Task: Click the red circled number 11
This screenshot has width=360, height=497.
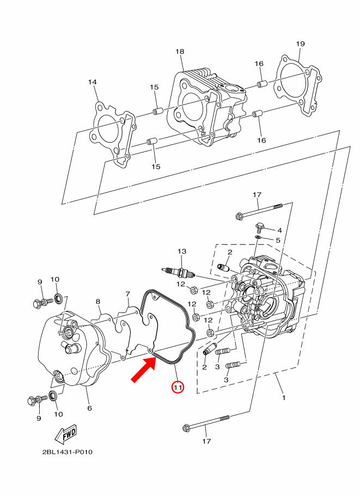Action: pos(178,387)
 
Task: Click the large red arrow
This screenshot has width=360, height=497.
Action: pos(144,369)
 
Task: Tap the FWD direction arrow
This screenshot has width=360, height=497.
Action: pos(66,434)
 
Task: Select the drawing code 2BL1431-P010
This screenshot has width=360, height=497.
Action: pos(68,452)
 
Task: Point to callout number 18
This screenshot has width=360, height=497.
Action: pos(180,51)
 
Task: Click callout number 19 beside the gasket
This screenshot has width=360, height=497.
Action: pos(300,44)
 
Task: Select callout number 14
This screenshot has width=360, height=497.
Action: pos(92,82)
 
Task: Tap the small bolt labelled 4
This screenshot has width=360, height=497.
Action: pos(259,226)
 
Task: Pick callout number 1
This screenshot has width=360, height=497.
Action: pos(284,397)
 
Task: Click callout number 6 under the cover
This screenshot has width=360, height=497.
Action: pos(89,408)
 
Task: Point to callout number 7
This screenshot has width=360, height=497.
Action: pos(127,294)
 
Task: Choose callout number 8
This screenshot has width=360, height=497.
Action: pos(98,302)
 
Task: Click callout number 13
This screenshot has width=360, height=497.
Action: pos(182,251)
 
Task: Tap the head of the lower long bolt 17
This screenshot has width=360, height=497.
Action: pos(186,428)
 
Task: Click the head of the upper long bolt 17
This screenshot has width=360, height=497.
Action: pos(239,217)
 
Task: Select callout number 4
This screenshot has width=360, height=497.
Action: pos(279,230)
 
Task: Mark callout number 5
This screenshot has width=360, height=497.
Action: pos(278,240)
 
